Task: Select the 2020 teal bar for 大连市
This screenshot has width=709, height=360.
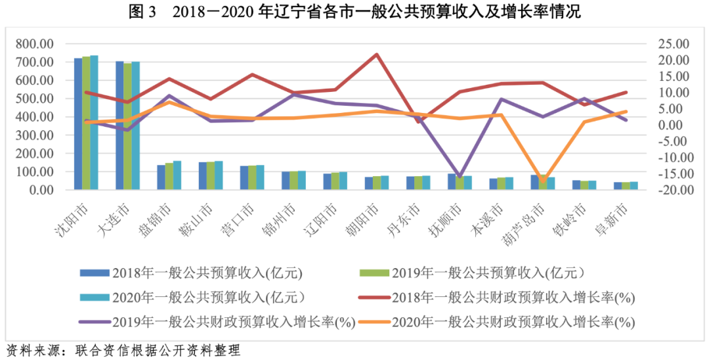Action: tap(136, 125)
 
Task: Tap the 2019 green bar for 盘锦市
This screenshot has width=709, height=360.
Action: tap(169, 176)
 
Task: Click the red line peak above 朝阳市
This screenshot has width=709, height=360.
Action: tap(376, 55)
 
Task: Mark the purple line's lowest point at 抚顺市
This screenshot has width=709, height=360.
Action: tap(460, 177)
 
